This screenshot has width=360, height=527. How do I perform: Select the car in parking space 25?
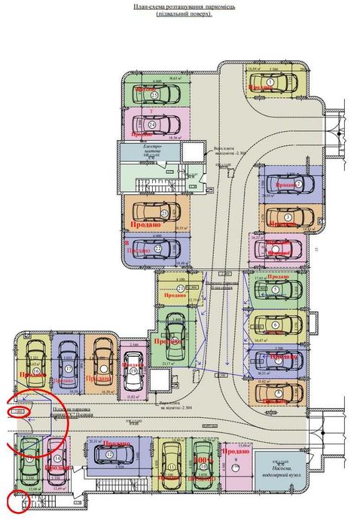(154, 94)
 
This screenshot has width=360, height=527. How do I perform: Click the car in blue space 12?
(110, 454)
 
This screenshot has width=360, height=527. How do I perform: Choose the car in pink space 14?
(56, 459)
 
